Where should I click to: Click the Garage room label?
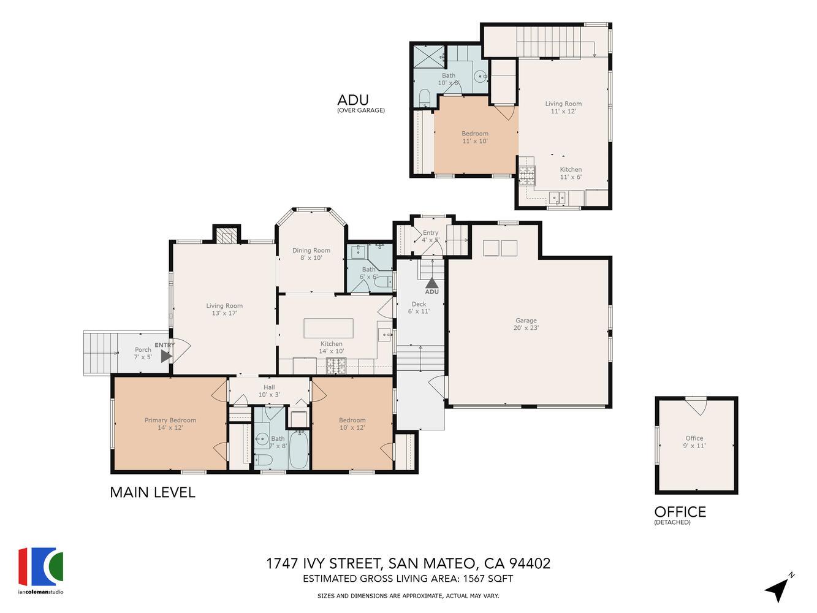tap(526, 324)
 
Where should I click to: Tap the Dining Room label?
tap(311, 254)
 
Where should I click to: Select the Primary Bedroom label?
tap(170, 424)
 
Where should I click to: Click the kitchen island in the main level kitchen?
tap(329, 328)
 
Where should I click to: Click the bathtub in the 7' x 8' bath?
tap(298, 449)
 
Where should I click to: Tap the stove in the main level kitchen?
tap(336, 366)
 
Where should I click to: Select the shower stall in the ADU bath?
tap(429, 57)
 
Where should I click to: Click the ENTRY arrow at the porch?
tap(166, 356)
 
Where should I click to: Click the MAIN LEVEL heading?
tap(153, 492)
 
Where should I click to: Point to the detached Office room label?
tap(694, 442)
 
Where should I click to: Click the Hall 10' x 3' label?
tap(269, 391)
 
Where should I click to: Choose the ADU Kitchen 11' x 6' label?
tap(571, 173)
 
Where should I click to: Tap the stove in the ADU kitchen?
tap(527, 176)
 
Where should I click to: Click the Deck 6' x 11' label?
tap(419, 308)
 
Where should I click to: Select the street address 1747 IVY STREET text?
tap(324, 563)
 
